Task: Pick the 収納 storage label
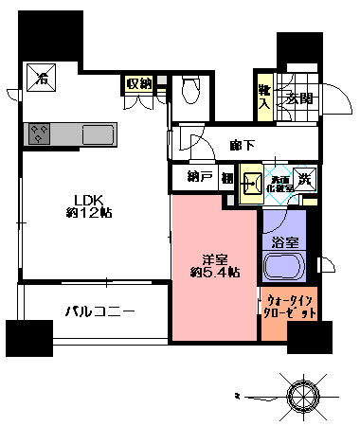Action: pyautogui.click(x=139, y=84)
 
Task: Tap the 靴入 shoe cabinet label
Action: pyautogui.click(x=264, y=98)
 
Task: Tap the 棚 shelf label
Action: pyautogui.click(x=227, y=176)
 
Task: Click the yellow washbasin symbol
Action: pyautogui.click(x=249, y=183)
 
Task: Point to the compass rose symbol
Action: pyautogui.click(x=305, y=395)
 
